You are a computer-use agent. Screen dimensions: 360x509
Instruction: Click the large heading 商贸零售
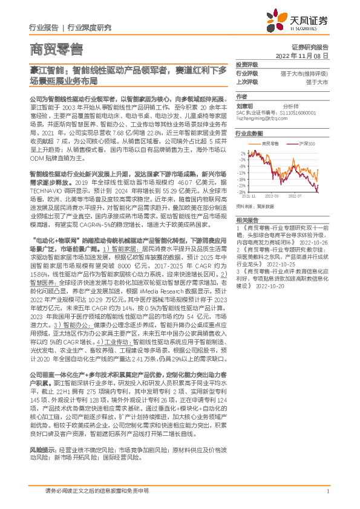(56, 49)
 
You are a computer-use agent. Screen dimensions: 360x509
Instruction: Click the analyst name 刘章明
(244, 105)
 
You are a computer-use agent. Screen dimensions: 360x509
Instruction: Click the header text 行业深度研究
(89, 28)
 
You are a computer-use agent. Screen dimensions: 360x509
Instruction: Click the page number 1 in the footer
(327, 492)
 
